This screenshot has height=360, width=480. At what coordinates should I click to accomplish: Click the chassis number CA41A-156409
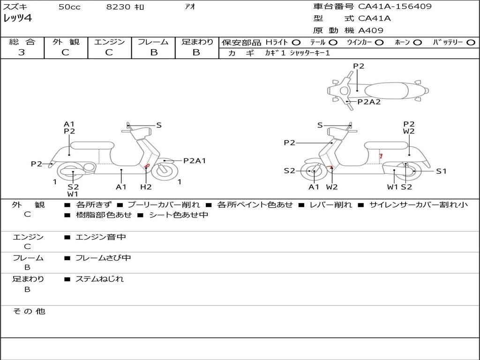pos(395,7)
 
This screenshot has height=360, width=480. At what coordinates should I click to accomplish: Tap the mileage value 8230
pos(118,7)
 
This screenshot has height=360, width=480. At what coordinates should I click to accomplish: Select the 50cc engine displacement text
pos(69,7)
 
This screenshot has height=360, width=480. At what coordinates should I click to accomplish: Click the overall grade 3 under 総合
pos(22,52)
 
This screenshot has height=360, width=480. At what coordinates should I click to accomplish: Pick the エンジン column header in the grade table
pos(109,42)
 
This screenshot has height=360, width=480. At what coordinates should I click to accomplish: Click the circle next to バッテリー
pos(471,42)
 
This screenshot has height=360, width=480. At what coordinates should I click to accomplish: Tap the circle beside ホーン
pos(418,42)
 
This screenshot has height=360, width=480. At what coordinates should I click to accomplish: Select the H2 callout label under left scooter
pos(146,187)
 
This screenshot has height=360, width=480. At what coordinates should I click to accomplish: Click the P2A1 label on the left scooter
pos(195,161)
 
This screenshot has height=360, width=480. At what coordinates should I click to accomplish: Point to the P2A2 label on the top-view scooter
pos(369,102)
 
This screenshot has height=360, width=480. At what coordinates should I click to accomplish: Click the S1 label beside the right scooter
pos(442,171)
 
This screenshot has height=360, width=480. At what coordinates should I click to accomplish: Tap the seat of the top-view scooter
pos(390,90)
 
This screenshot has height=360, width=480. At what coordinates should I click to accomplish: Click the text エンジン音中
pos(101,237)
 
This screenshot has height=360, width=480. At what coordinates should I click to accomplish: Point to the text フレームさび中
pos(103,258)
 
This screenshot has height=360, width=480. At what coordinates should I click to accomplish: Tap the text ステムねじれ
pos(100,279)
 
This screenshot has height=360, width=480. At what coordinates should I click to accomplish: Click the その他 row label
pos(29,311)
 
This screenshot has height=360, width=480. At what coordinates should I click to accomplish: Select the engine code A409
pos(371,30)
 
